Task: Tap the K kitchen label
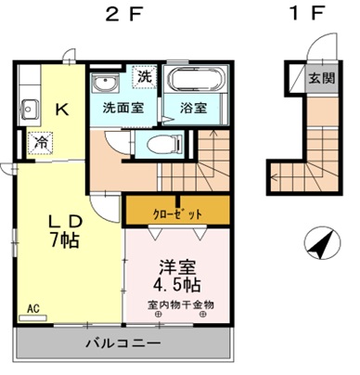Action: [61, 110]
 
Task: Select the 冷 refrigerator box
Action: [42, 143]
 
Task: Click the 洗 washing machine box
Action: [145, 76]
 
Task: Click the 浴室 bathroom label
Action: [192, 108]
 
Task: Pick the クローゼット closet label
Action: [176, 213]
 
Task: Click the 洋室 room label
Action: [174, 265]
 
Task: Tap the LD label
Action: [67, 222]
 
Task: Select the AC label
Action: [33, 307]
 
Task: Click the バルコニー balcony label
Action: [119, 343]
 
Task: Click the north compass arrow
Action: [319, 245]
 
